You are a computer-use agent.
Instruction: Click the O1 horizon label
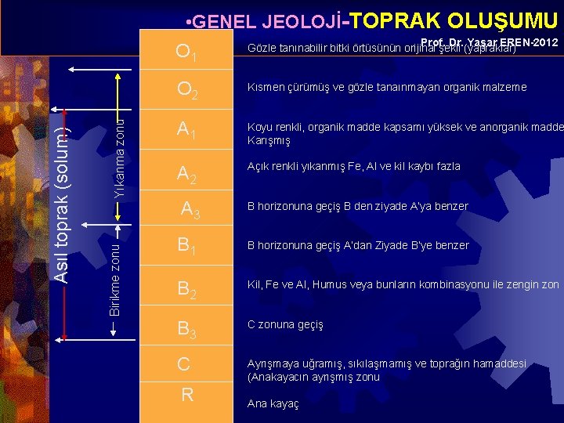pyautogui.click(x=186, y=52)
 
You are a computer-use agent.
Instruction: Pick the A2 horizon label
pyautogui.click(x=186, y=173)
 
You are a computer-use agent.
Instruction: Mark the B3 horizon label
pyautogui.click(x=186, y=328)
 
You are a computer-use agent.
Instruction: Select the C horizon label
pyautogui.click(x=184, y=364)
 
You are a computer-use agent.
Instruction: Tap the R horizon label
pyautogui.click(x=186, y=395)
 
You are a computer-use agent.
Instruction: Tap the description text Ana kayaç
pyautogui.click(x=273, y=405)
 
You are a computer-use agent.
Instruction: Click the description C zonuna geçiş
pyautogui.click(x=285, y=324)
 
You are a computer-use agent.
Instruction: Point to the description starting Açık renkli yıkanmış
pyautogui.click(x=353, y=166)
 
